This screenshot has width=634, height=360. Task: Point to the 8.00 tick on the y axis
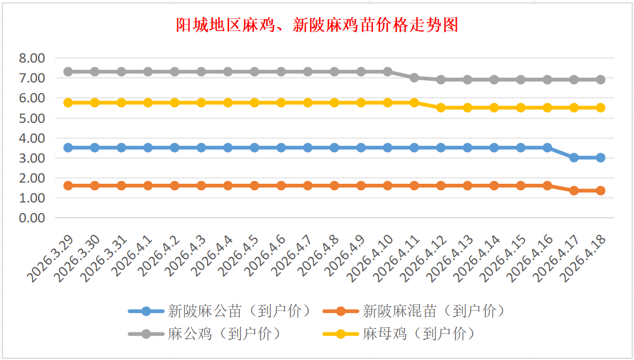(32, 58)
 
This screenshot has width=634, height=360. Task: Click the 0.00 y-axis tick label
(32, 218)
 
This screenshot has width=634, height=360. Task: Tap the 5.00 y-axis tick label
(32, 118)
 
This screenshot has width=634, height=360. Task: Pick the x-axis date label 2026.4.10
(371, 258)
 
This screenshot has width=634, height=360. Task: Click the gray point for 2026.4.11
(414, 77)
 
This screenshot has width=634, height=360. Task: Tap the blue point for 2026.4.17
(574, 157)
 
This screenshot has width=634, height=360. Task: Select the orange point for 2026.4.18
(601, 190)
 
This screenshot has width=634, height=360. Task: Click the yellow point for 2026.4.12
(441, 108)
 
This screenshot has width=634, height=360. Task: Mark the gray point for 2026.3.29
(68, 71)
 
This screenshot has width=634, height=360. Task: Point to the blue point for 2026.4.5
(255, 148)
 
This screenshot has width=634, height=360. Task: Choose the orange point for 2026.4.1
(148, 186)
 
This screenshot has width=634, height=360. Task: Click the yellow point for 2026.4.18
(601, 108)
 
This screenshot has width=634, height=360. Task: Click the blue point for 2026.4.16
(547, 148)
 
